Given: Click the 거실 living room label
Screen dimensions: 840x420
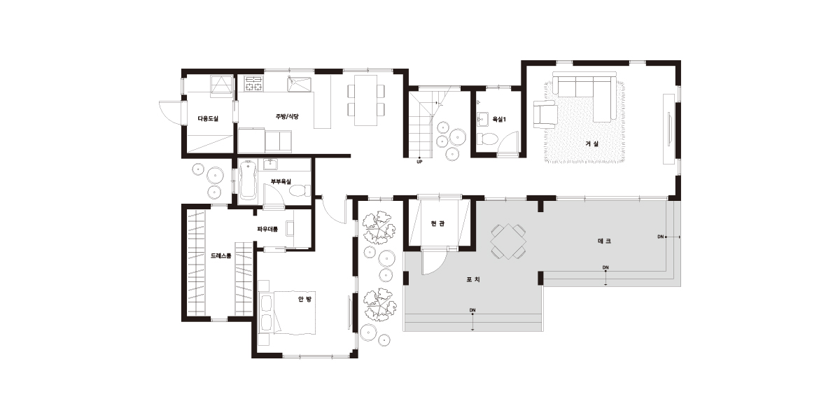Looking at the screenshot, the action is [x=592, y=143].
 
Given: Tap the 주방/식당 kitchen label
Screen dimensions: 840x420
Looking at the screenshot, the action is [x=287, y=117].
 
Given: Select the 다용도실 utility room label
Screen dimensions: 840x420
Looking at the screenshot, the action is [x=208, y=118].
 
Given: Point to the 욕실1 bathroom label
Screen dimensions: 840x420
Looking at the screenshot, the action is [x=499, y=119].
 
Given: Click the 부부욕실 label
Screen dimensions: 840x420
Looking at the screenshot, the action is [x=281, y=181].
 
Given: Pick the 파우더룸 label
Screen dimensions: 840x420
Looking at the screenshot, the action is [x=267, y=229].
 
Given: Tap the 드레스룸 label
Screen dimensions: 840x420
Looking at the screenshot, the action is [x=221, y=255].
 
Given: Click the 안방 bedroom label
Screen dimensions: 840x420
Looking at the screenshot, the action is [x=304, y=300].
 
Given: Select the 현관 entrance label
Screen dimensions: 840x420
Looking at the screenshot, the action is [x=437, y=223].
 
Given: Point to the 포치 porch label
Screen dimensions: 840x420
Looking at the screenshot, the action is [x=473, y=279].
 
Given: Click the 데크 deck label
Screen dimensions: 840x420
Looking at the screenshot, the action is [x=604, y=241].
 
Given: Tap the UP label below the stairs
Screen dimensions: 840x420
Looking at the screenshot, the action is [x=419, y=162].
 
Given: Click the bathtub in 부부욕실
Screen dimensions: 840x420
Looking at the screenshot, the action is [x=248, y=180].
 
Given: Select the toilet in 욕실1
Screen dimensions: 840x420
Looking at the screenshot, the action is [x=487, y=139].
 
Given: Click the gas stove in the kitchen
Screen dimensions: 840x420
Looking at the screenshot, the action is [x=253, y=83].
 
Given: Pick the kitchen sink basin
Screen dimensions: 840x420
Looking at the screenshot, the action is [x=300, y=84].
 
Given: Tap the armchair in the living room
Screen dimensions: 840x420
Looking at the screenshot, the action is [x=545, y=114].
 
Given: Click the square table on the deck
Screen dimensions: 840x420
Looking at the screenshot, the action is [x=508, y=241].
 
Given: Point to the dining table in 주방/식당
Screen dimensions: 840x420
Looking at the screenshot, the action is [x=366, y=101].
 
